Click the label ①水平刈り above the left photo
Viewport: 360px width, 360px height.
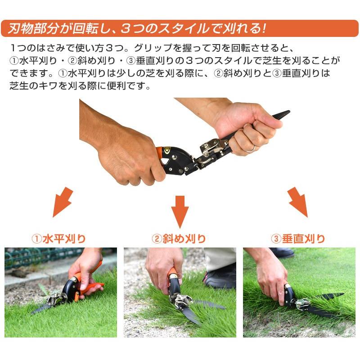pyautogui.click(x=58, y=238)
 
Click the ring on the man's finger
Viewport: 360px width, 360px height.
pyautogui.click(x=251, y=148)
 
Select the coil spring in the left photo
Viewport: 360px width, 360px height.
pyautogui.click(x=54, y=297)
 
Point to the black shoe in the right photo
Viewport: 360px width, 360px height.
pyautogui.click(x=281, y=253)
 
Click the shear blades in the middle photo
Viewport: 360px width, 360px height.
pyautogui.click(x=198, y=310)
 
